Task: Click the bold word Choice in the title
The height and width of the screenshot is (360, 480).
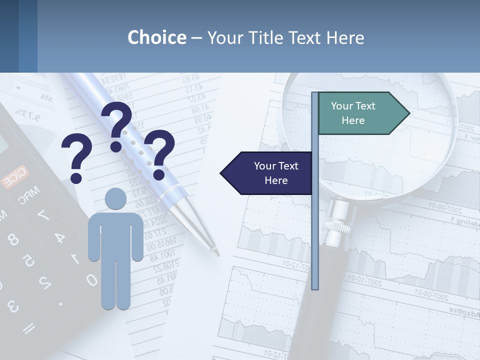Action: click(156, 37)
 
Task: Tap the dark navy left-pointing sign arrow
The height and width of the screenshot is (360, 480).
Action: click(267, 173)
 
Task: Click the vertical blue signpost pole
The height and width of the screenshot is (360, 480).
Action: click(315, 225)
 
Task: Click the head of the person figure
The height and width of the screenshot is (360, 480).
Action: click(116, 199)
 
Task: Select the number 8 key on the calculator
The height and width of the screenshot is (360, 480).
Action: click(13, 240)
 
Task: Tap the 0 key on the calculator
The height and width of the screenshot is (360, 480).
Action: click(91, 279)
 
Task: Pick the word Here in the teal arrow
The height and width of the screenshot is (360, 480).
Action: click(353, 120)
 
